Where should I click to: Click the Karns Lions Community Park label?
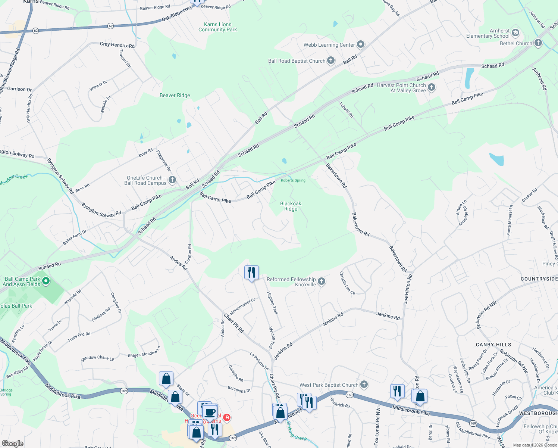[217, 27]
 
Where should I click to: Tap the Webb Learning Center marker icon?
[360, 45]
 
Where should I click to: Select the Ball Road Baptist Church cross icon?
[330, 61]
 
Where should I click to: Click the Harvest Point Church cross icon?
[432, 87]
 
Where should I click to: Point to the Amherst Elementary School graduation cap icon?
[515, 33]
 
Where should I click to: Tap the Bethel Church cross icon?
[538, 43]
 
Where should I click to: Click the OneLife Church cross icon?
[172, 180]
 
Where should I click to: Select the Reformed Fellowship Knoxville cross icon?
[321, 281]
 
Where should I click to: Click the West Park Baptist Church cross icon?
[364, 385]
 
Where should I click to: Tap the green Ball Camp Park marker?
[46, 281]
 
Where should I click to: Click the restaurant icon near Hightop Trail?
[251, 273]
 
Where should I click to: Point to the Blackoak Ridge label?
[291, 206]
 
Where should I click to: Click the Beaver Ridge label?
[175, 95]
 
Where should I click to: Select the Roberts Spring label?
[293, 180]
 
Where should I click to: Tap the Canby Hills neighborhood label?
[493, 345]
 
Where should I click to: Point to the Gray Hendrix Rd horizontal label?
[117, 45]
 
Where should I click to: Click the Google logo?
[12, 443]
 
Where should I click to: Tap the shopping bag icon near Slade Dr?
[166, 379]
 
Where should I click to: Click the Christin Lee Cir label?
[347, 283]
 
